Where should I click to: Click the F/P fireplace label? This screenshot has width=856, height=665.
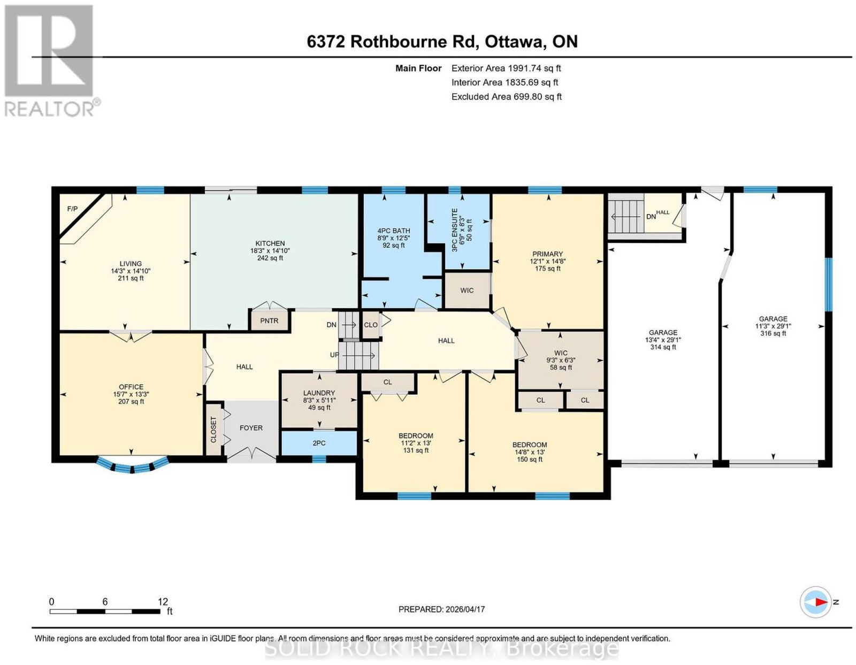pyautogui.click(x=72, y=209)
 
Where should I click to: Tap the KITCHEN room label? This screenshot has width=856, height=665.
pyautogui.click(x=270, y=243)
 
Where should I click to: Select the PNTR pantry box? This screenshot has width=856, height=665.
pyautogui.click(x=270, y=320)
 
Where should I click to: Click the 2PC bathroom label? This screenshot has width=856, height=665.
pyautogui.click(x=319, y=443)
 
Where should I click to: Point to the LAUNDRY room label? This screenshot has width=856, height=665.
pyautogui.click(x=319, y=393)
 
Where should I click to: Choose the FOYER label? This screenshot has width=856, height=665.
pyautogui.click(x=251, y=428)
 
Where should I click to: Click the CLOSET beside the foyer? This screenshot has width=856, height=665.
pyautogui.click(x=213, y=430)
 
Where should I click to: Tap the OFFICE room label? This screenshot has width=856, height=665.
pyautogui.click(x=131, y=387)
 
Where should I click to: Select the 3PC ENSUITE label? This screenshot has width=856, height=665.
pyautogui.click(x=455, y=230)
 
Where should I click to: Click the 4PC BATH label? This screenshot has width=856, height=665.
pyautogui.click(x=394, y=231)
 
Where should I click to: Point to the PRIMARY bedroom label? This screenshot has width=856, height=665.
pyautogui.click(x=547, y=254)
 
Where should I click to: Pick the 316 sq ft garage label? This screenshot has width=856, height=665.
pyautogui.click(x=773, y=333)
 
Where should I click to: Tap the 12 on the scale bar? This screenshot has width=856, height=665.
pyautogui.click(x=163, y=602)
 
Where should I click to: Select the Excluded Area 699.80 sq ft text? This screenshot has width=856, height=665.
pyautogui.click(x=506, y=96)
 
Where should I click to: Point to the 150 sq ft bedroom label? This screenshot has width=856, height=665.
pyautogui.click(x=530, y=460)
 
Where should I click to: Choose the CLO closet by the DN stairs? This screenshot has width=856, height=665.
pyautogui.click(x=370, y=325)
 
